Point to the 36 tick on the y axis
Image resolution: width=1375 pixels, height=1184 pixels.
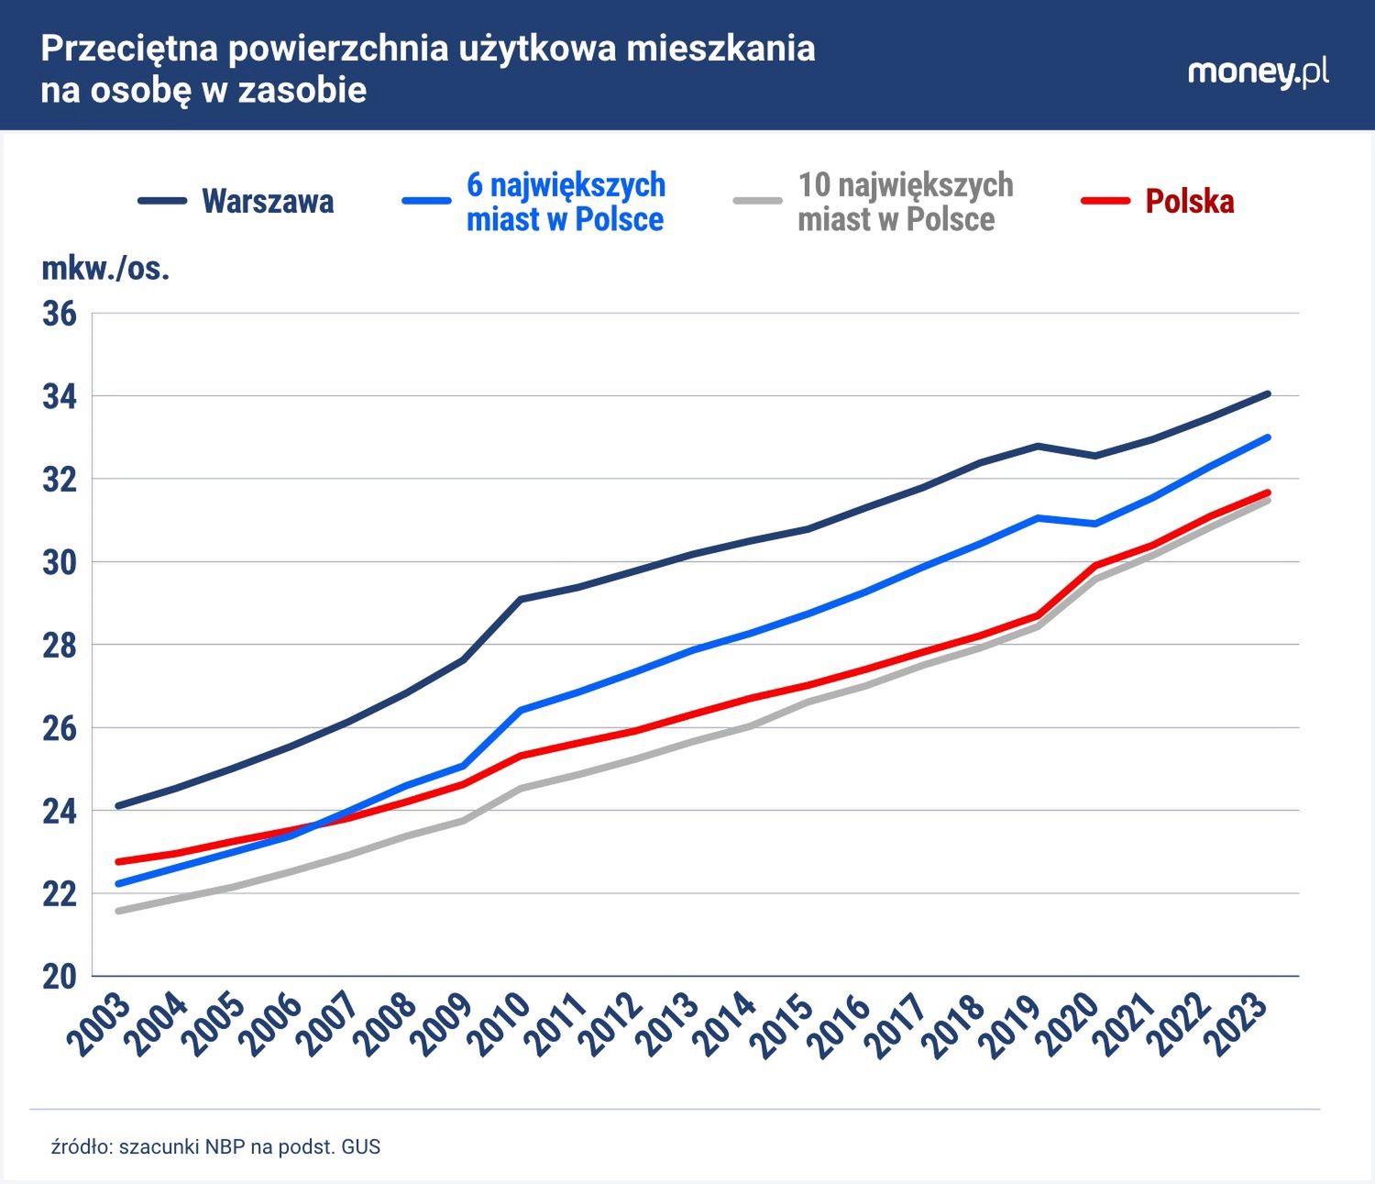60,314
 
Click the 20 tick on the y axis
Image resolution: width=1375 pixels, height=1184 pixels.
60,977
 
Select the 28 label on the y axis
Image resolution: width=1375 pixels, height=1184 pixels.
60,645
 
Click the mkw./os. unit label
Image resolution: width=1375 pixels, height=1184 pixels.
105,269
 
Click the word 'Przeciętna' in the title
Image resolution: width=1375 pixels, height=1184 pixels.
128,49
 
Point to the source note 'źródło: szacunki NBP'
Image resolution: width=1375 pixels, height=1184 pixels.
215,1146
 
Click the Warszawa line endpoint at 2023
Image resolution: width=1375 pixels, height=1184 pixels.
1268,394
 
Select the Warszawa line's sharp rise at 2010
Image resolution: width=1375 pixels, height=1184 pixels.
520,600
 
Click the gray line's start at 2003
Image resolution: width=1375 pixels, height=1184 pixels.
119,911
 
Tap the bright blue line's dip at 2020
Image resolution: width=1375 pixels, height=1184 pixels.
1094,524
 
